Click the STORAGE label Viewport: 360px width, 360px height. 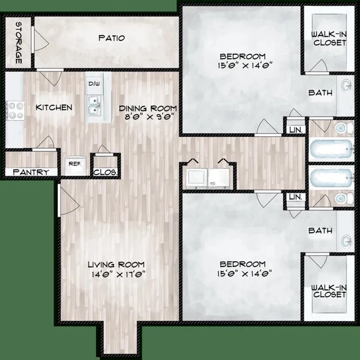click(x=18, y=43)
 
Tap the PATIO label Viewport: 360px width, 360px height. click(x=112, y=38)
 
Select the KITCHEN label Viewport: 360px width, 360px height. click(x=54, y=107)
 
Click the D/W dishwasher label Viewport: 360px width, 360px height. click(x=94, y=84)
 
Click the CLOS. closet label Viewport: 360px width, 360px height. click(x=105, y=172)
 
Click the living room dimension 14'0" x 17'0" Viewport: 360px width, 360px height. click(x=117, y=274)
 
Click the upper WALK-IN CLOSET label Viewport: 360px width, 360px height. click(x=329, y=38)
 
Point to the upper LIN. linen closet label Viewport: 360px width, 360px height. click(x=295, y=130)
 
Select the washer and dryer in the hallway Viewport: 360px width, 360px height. click(x=208, y=178)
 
